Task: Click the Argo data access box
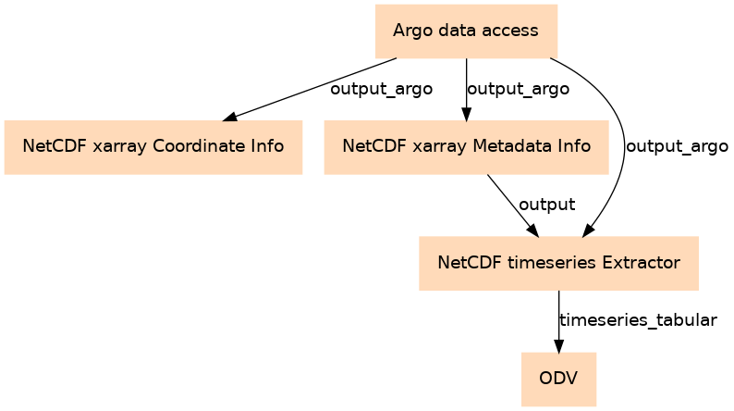466,31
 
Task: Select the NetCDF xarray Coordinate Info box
153,147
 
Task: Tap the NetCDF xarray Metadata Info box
466,147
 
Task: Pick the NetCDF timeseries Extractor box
558,264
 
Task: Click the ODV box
558,380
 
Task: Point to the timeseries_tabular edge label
638,320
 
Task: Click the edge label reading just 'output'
546,205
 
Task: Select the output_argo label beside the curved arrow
677,146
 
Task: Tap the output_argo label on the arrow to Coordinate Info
382,89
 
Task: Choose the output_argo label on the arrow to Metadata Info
519,89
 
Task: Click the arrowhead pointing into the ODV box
558,346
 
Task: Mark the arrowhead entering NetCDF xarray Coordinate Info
229,118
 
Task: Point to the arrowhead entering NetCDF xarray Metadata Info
466,115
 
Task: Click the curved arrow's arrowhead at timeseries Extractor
588,231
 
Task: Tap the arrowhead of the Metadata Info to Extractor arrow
533,231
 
